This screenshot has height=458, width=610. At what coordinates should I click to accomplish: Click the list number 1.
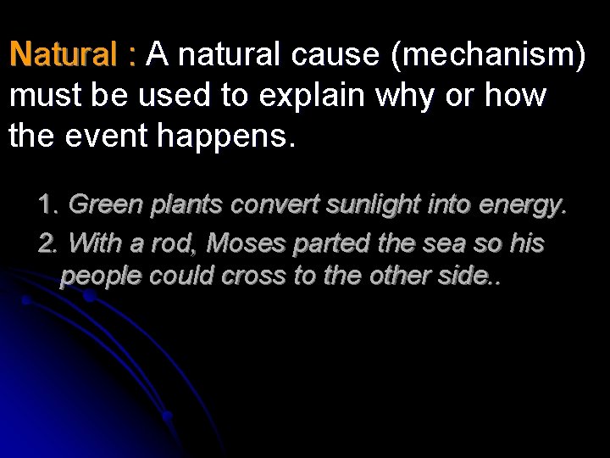48,204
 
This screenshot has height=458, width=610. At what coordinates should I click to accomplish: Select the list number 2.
48,244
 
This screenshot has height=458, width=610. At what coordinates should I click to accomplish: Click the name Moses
247,244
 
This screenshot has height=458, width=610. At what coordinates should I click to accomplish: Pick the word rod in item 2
180,244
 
